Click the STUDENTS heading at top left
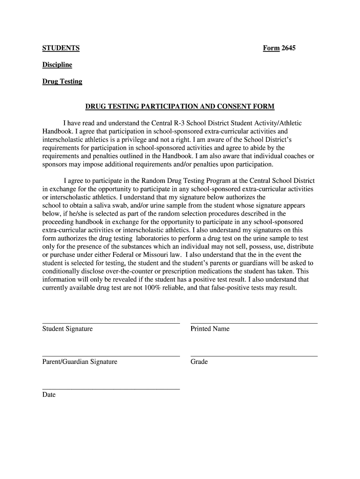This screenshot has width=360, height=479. (x=61, y=48)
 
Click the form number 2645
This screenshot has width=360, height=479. (x=288, y=48)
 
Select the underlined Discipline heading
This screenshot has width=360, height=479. (x=57, y=65)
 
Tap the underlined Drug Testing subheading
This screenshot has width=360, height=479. (x=62, y=81)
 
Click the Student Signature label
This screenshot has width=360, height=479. (x=67, y=329)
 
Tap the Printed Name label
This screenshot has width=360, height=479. (x=210, y=329)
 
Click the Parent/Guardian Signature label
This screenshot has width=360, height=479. (x=80, y=362)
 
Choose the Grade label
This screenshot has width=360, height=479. (x=199, y=362)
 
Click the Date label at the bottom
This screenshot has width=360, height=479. (x=49, y=395)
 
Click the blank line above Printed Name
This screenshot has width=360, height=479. (x=254, y=323)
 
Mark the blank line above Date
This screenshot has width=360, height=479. (x=111, y=389)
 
